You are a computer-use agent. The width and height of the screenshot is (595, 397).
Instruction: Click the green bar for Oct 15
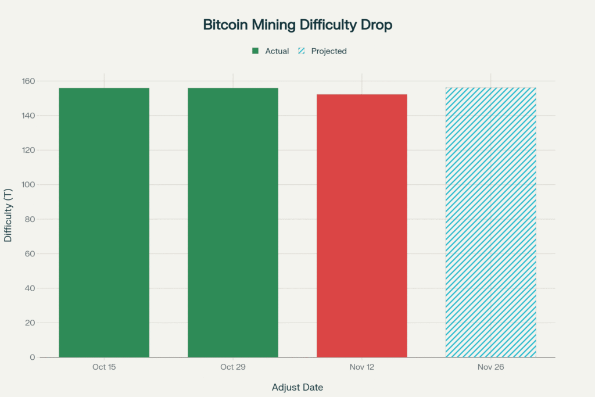coord(104,223)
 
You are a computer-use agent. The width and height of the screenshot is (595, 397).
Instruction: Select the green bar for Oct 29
coord(233,223)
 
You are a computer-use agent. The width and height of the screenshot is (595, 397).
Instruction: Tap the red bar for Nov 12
coord(361,226)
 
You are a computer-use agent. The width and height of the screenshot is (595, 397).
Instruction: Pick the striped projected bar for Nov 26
coord(490,223)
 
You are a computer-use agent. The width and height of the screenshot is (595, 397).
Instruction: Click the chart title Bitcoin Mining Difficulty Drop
coord(297,25)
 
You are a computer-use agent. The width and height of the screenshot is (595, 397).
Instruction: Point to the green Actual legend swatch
coord(255,51)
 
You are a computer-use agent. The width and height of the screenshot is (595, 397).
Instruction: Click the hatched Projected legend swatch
coord(302,51)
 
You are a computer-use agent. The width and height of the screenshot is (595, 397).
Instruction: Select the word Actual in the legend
coord(277,51)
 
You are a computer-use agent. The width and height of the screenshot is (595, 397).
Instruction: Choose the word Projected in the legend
coord(329,51)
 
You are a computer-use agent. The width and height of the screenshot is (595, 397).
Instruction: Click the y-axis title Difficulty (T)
coord(9,216)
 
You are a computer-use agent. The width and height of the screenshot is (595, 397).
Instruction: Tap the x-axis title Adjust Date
coord(297,387)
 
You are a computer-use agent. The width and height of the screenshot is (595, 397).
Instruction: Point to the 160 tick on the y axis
coord(27,81)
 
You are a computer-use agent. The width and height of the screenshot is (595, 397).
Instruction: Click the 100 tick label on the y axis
coord(27,185)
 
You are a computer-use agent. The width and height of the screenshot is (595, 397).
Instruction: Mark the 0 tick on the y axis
coord(32,357)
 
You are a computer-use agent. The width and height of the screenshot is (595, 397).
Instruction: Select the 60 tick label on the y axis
coord(29,254)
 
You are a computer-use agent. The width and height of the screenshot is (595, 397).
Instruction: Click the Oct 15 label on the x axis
coord(104,367)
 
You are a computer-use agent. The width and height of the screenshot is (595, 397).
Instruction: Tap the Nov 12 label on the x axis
coord(361,367)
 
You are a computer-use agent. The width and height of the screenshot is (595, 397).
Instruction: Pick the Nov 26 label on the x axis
coord(490,367)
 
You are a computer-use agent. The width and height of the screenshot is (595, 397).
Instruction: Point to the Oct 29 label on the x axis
coord(233,367)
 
